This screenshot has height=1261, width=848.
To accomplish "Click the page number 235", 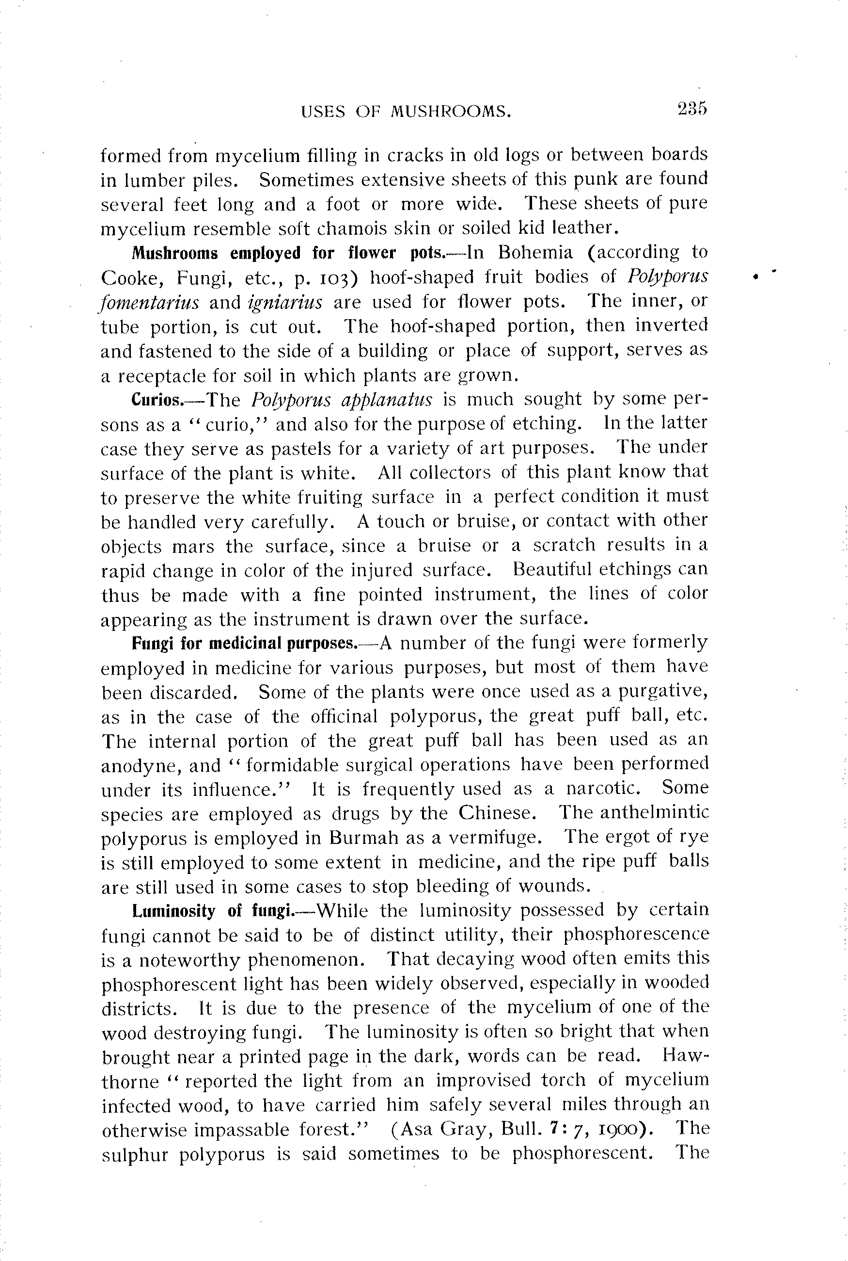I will [x=691, y=109].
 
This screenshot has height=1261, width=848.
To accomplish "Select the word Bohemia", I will [x=535, y=253].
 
